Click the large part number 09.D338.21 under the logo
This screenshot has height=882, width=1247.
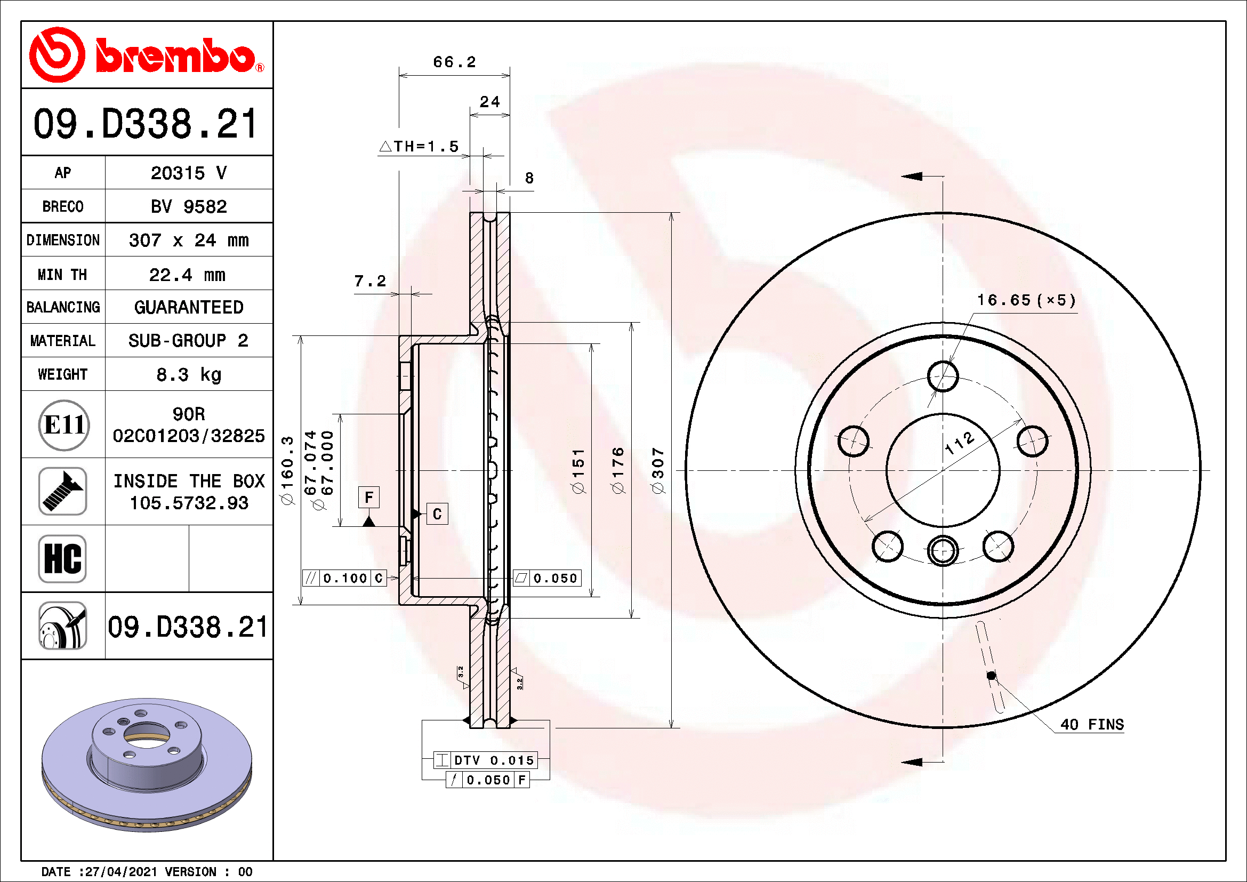pos(146,124)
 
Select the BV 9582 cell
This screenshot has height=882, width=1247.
pos(188,206)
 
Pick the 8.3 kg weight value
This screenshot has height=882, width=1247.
pos(188,374)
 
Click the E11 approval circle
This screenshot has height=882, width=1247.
pos(64,425)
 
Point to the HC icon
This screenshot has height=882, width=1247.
pos(62,558)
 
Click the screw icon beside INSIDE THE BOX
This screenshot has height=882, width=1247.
pos(62,492)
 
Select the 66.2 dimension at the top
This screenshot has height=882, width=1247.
pos(454,62)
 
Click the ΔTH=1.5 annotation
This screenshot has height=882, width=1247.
pos(419,146)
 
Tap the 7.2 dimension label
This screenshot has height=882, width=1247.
pos(370,281)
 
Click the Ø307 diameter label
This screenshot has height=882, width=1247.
pos(658,470)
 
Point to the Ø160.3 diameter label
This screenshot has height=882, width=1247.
pos(287,470)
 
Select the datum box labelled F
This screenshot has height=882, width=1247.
pos(369,498)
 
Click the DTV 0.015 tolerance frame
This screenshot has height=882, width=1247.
pos(486,760)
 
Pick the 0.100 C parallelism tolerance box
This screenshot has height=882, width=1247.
pos(344,578)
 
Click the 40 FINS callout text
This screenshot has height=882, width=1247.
pos(1092,725)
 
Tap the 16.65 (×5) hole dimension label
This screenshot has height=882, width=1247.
pos(1026,300)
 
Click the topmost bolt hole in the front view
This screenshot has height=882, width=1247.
pos(943,376)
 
